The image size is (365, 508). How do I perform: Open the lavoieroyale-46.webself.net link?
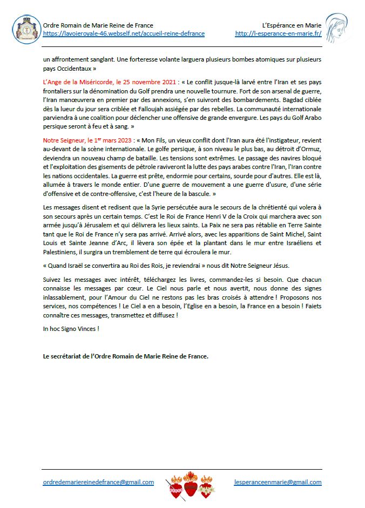[124, 33]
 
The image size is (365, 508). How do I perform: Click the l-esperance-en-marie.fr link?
[278, 33]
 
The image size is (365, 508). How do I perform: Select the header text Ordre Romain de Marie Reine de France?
[98, 25]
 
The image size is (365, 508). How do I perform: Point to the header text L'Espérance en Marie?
[292, 25]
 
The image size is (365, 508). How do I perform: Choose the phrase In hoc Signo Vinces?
[71, 328]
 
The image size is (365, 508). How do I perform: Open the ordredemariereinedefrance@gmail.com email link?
[98, 482]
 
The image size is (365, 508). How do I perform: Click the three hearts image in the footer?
[190, 484]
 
